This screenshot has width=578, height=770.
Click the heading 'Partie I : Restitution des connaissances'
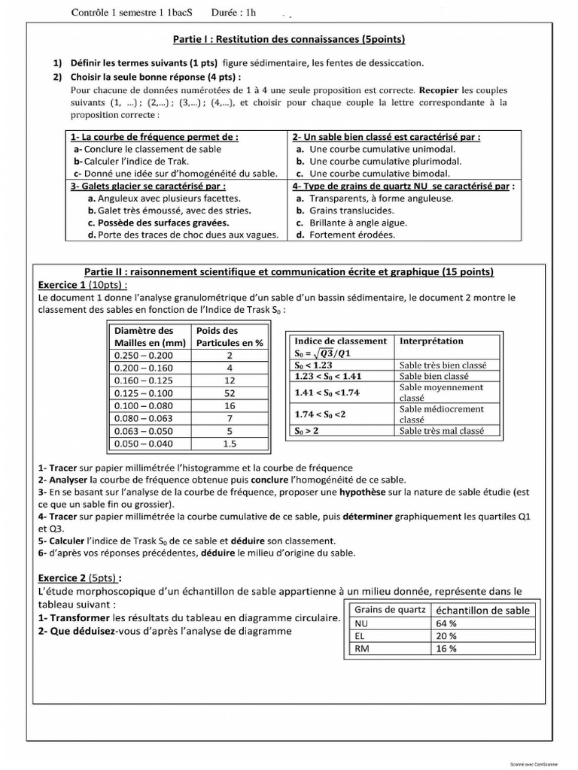pyautogui.click(x=289, y=38)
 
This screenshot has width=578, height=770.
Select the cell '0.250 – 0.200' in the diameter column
pyautogui.click(x=141, y=355)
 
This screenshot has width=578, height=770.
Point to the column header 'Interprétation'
pyautogui.click(x=431, y=341)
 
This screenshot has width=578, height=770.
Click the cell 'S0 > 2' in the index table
pyautogui.click(x=306, y=431)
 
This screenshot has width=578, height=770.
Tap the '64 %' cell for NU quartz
pyautogui.click(x=447, y=623)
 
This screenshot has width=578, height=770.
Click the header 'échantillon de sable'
pyautogui.click(x=482, y=610)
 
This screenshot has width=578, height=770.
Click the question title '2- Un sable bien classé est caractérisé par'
pyautogui.click(x=386, y=138)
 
